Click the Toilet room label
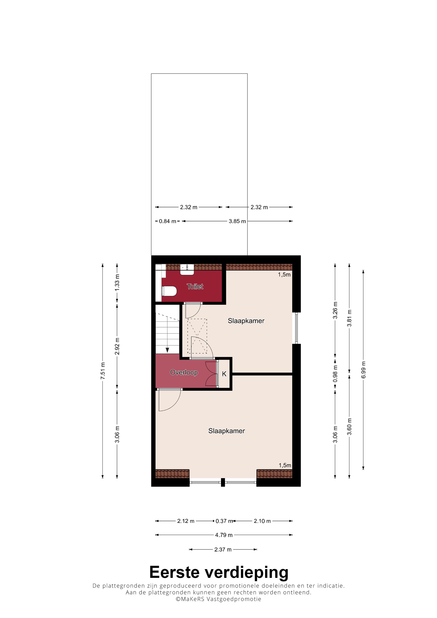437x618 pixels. (195, 286)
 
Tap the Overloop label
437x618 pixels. (184, 372)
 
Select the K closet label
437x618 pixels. (224, 374)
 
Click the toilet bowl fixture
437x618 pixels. (169, 291)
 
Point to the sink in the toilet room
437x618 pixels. (187, 269)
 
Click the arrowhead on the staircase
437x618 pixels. (167, 350)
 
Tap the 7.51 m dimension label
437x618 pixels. (103, 371)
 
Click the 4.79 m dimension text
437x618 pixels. (224, 535)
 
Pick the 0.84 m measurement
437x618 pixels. (167, 221)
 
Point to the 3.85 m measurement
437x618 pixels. (237, 221)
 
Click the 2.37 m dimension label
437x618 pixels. (223, 549)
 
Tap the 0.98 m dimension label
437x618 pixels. (335, 374)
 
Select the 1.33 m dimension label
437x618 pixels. (117, 282)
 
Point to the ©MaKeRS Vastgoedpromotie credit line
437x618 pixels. (218, 599)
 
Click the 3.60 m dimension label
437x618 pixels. (349, 427)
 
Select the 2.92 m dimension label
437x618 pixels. (117, 346)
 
